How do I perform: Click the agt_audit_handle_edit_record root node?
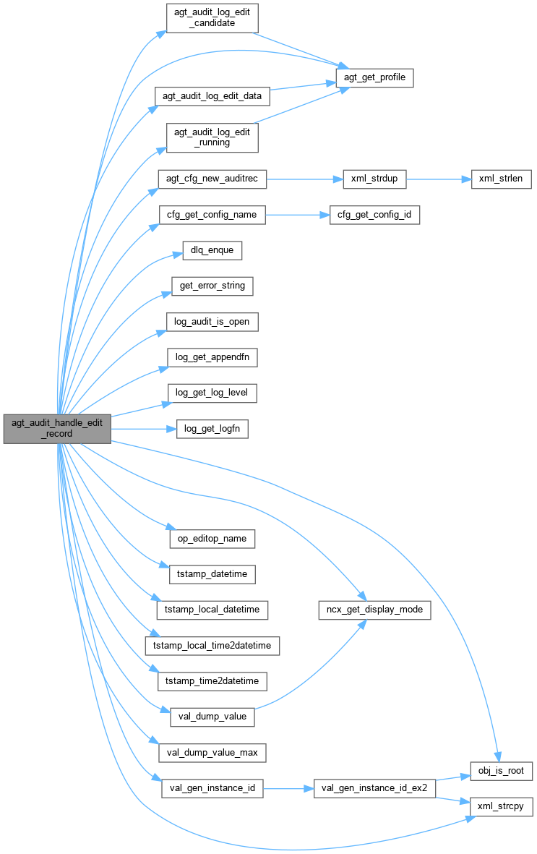[57, 429]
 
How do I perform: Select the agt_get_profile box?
[374, 77]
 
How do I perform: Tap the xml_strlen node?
[502, 179]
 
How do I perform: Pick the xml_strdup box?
[374, 179]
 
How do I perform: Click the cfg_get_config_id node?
[374, 215]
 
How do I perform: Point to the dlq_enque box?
[207, 250]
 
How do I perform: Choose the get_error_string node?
[212, 286]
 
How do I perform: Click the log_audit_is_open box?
[212, 321]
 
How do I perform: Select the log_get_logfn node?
[212, 429]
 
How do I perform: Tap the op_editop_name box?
[212, 539]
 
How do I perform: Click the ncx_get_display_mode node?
[374, 610]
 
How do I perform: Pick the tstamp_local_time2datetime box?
[212, 645]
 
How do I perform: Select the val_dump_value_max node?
[212, 752]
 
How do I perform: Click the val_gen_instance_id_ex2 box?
[374, 788]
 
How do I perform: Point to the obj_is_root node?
[502, 770]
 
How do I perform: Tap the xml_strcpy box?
[502, 806]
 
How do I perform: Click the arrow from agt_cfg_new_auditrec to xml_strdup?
[304, 179]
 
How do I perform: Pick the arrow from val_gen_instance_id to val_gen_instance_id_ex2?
[288, 788]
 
